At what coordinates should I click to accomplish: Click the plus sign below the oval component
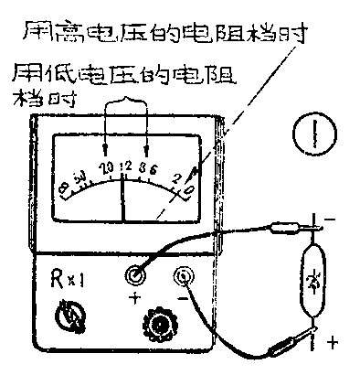[332, 343]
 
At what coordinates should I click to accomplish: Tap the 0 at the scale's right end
[188, 190]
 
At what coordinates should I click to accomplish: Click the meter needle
[123, 198]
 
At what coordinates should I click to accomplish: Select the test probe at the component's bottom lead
[279, 346]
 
